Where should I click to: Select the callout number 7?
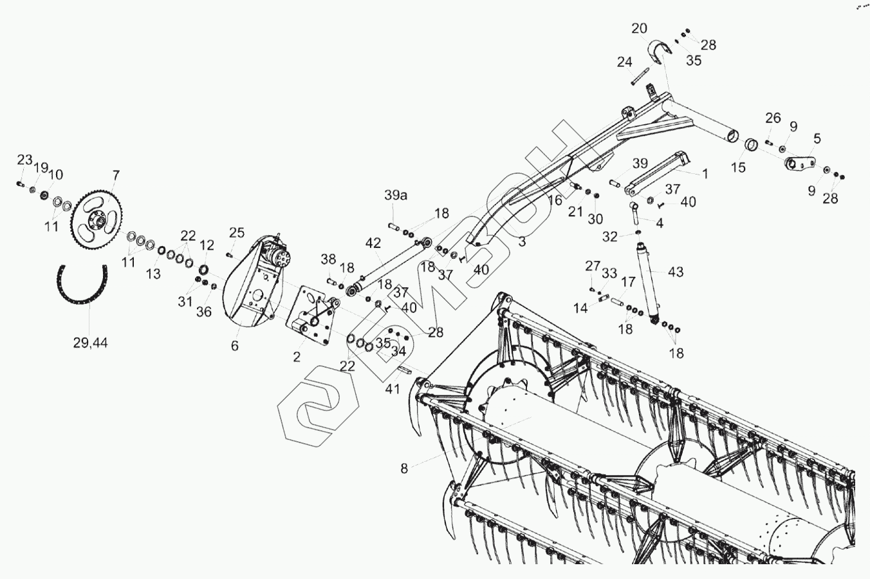pyautogui.click(x=116, y=175)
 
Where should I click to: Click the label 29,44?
pyautogui.click(x=90, y=343)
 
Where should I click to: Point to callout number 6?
pyautogui.click(x=234, y=346)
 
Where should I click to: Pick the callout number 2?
pyautogui.click(x=297, y=357)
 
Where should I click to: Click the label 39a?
pyautogui.click(x=396, y=195)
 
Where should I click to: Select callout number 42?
pyautogui.click(x=373, y=243)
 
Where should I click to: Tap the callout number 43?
pyautogui.click(x=676, y=272)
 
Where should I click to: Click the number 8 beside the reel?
pyautogui.click(x=404, y=469)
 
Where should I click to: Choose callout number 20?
pyautogui.click(x=639, y=29)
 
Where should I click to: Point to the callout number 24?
pyautogui.click(x=624, y=62)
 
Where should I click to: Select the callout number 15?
pyautogui.click(x=738, y=168)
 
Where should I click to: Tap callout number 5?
pyautogui.click(x=817, y=138)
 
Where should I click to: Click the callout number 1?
pyautogui.click(x=705, y=174)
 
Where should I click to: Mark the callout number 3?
pyautogui.click(x=522, y=242)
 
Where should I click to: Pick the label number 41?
pyautogui.click(x=393, y=389)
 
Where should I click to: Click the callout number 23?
pyautogui.click(x=24, y=160)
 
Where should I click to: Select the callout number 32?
pyautogui.click(x=610, y=236)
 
